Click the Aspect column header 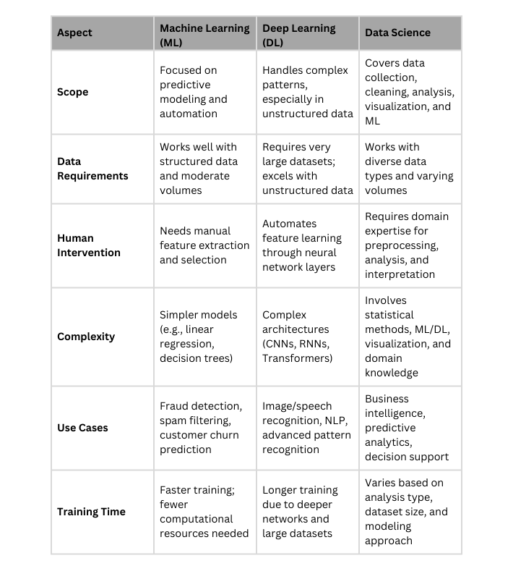coord(74,33)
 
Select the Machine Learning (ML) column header coord(204,35)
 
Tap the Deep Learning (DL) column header coord(299,35)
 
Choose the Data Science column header coord(397,33)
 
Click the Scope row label coord(72,92)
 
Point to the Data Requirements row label coord(92,169)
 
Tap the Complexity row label coord(85,337)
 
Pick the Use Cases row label coord(82,428)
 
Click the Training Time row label coord(91,512)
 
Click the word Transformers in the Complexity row coord(297,358)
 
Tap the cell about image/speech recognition coord(306,428)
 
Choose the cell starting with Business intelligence coord(407,428)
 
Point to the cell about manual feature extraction coord(204,245)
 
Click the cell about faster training coord(204,512)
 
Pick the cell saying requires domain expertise coord(407,245)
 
